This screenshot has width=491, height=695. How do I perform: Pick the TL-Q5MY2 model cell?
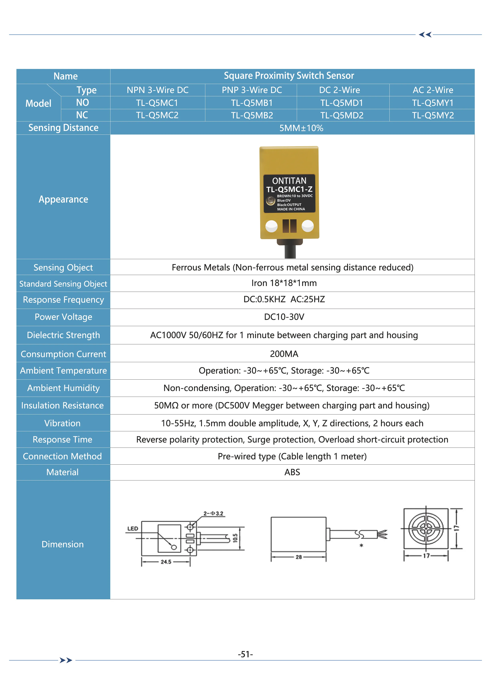click(433, 115)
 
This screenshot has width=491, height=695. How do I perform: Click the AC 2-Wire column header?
click(433, 90)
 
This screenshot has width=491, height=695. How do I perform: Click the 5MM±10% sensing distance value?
click(301, 128)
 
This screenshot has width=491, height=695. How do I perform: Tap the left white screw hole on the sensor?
click(271, 226)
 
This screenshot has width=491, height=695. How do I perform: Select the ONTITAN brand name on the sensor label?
click(289, 181)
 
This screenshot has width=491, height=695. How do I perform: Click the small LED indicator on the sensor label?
click(270, 200)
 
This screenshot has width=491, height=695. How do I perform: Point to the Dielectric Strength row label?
click(63, 335)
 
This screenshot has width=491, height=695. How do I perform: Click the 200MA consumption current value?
click(284, 354)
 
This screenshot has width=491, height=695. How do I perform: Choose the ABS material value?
click(292, 472)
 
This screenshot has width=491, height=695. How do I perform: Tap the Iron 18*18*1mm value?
click(284, 283)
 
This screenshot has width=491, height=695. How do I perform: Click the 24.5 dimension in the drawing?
click(166, 562)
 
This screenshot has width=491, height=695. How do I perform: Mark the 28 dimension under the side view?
click(299, 557)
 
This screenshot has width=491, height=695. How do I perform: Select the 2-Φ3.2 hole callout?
click(213, 513)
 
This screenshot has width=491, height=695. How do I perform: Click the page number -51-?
click(245, 654)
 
